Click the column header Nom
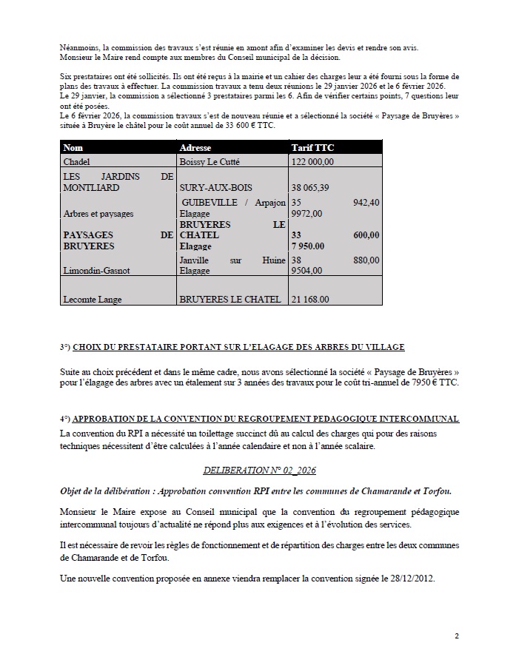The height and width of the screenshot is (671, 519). [x=73, y=148]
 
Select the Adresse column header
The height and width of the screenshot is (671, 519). [x=195, y=148]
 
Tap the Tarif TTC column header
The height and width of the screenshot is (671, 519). [x=313, y=148]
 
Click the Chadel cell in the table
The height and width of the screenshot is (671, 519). [x=76, y=161]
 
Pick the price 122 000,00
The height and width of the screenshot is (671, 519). [x=313, y=161]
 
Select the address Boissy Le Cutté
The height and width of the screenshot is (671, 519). [x=210, y=161]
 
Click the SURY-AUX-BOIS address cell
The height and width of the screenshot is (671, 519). [x=211, y=188]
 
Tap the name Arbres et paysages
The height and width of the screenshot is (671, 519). [x=98, y=214]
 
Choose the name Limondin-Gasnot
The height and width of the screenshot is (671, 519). [x=96, y=271]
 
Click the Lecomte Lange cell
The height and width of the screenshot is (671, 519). [x=93, y=300]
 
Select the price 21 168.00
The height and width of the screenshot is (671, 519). [x=311, y=300]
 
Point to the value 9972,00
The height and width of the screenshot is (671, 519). [x=307, y=214]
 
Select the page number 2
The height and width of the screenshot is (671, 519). [x=457, y=635]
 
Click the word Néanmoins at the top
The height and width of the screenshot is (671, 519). [x=78, y=48]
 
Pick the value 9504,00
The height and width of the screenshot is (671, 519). [x=307, y=271]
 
